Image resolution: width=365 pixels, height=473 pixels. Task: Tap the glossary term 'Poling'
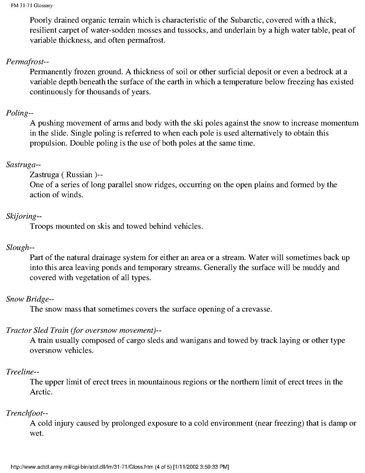click(x=17, y=113)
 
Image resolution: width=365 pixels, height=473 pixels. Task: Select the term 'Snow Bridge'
click(x=27, y=299)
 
